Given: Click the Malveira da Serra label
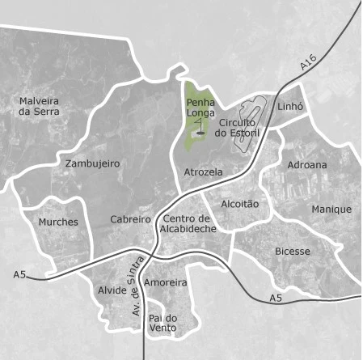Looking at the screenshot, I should click(40, 107).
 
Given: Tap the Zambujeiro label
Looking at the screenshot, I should click(92, 163).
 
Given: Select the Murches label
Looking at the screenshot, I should click(58, 222).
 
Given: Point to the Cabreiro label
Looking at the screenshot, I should click(130, 219).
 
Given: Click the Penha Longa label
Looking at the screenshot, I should click(200, 108).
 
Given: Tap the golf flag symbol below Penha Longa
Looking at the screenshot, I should click(200, 130).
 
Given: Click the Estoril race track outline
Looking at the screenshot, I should click(250, 121).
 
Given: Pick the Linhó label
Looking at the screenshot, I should click(289, 106).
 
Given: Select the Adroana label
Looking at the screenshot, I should click(307, 165).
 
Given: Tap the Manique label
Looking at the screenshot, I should click(331, 210).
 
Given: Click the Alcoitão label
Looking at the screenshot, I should click(239, 204).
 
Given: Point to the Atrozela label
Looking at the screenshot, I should click(203, 172).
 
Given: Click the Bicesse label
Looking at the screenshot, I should click(292, 252).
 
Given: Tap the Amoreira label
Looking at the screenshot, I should click(166, 283).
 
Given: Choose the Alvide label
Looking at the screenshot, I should click(112, 290).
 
